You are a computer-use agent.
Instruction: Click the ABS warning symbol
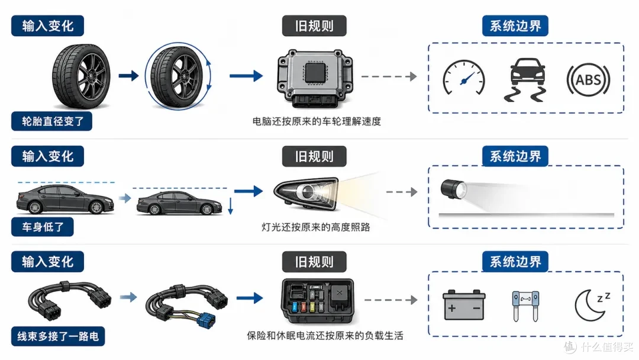point(588,79)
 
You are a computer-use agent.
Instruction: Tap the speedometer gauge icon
point(464,78)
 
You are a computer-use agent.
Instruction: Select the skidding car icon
point(527,79)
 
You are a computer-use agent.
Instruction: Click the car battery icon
point(464,305)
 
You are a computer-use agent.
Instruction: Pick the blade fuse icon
point(525,306)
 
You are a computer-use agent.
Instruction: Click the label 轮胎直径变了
point(51,121)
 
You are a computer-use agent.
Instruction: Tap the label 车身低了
point(43,227)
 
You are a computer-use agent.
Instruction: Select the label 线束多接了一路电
point(58,336)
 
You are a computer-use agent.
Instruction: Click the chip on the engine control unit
point(315,73)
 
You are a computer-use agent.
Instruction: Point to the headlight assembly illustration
point(306,193)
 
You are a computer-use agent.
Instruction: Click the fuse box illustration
point(318,301)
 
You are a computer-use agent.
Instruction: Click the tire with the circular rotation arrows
point(179,76)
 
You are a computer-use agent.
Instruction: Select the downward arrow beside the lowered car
point(230,206)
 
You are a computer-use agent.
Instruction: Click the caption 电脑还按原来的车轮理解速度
point(317,121)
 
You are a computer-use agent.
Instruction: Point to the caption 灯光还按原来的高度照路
point(316,227)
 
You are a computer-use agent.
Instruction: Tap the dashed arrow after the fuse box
point(391,300)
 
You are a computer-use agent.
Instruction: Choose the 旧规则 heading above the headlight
point(314,156)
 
